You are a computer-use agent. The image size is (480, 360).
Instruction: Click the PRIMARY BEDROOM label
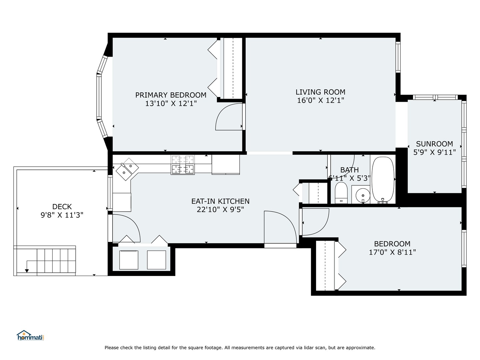171,95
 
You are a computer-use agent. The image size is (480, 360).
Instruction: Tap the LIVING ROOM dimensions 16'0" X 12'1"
320,100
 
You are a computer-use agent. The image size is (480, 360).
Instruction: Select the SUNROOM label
434,144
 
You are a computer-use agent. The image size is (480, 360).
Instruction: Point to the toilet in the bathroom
341,193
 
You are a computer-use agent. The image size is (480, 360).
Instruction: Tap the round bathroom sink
362,194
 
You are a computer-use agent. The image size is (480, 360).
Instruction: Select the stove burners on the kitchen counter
183,165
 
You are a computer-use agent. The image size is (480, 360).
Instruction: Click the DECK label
62,207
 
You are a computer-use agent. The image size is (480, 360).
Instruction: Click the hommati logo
30,335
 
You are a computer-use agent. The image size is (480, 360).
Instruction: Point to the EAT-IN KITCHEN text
220,201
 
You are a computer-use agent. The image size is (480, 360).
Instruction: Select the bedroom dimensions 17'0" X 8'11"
392,252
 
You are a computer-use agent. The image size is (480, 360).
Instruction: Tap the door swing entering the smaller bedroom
315,221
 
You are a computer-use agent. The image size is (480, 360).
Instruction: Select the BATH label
349,170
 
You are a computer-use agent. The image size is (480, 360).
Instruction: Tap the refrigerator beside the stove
226,164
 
